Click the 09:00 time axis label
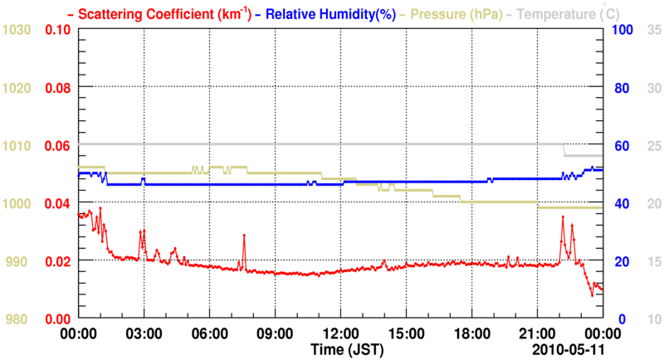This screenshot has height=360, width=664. [274, 333]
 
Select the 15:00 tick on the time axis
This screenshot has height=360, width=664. [405, 333]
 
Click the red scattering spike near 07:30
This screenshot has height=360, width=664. [244, 236]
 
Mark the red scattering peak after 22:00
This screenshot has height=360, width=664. [563, 217]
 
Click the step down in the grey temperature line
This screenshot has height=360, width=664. [564, 150]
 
